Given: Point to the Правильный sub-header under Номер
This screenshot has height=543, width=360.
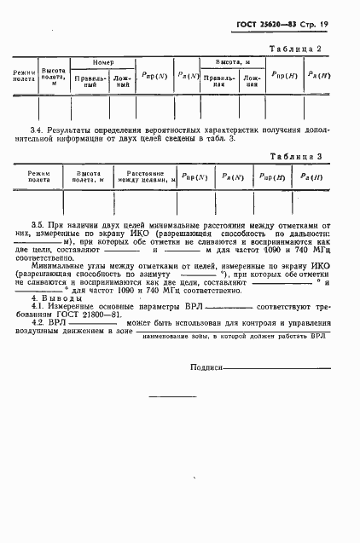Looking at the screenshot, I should tap(90, 83).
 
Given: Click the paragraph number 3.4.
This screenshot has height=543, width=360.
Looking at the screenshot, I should tap(36, 128).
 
